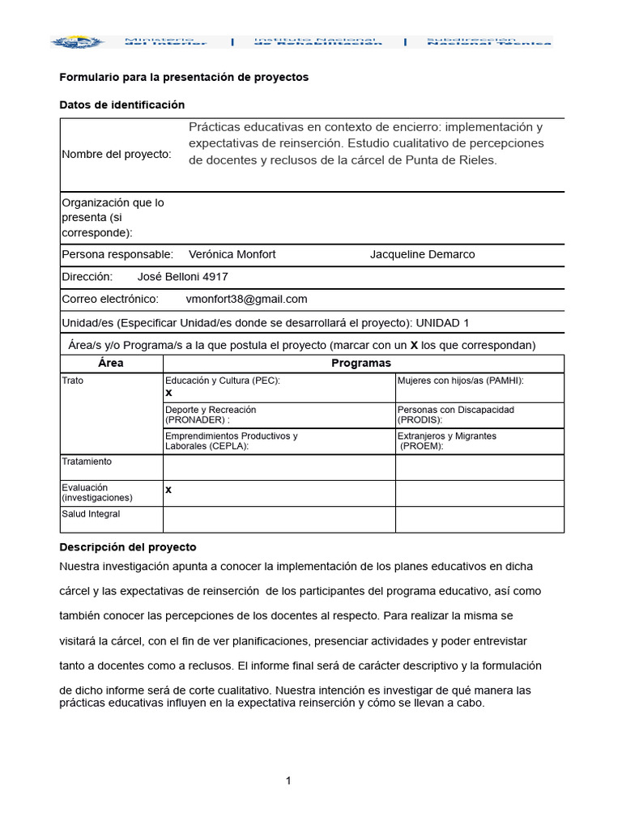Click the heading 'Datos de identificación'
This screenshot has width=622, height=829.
pyautogui.click(x=122, y=105)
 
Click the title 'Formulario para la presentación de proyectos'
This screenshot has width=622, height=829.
pyautogui.click(x=184, y=78)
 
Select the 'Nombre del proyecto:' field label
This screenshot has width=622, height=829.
pyautogui.click(x=117, y=155)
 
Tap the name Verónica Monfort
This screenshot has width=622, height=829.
pyautogui.click(x=232, y=254)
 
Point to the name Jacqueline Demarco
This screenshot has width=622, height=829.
pyautogui.click(x=422, y=254)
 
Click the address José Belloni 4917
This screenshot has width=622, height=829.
pyautogui.click(x=182, y=277)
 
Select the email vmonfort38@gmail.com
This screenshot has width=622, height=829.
pyautogui.click(x=246, y=300)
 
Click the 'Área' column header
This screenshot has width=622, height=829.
pyautogui.click(x=111, y=363)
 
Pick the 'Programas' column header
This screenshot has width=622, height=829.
pyautogui.click(x=361, y=363)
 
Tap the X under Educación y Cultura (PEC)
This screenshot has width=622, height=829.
pyautogui.click(x=169, y=393)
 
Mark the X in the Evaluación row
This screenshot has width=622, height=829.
pyautogui.click(x=168, y=490)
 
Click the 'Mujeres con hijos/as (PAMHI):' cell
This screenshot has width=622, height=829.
pyautogui.click(x=460, y=380)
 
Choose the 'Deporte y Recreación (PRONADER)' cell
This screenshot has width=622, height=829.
pyautogui.click(x=211, y=414)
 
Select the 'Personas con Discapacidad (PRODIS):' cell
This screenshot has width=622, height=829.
pyautogui.click(x=455, y=414)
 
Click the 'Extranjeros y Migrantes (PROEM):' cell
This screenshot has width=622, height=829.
pyautogui.click(x=447, y=441)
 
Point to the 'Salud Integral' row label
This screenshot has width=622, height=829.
pyautogui.click(x=91, y=514)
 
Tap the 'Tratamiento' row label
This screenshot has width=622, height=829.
pyautogui.click(x=87, y=461)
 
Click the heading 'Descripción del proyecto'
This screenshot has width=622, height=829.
pyautogui.click(x=128, y=547)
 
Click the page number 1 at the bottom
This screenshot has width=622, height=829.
pyautogui.click(x=288, y=780)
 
